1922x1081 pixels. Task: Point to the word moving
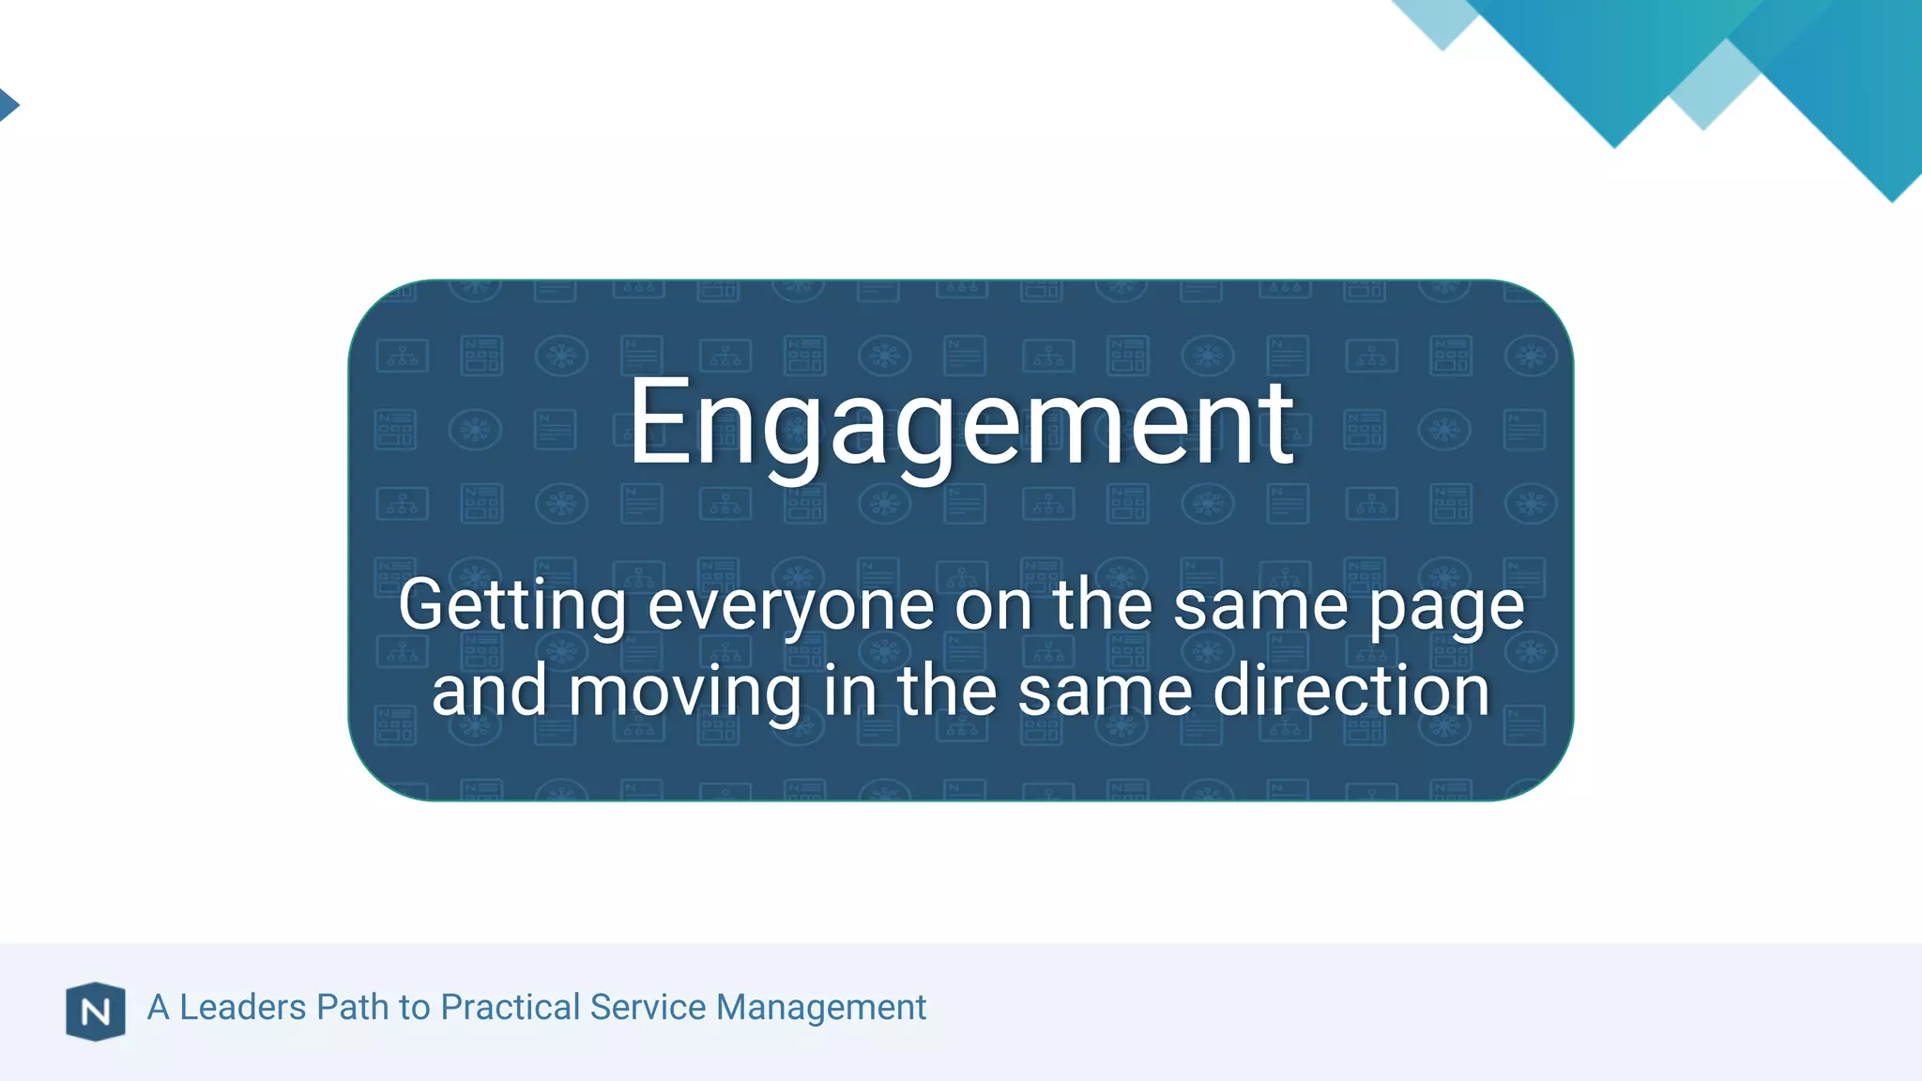[685, 693]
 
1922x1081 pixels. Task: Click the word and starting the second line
[489, 691]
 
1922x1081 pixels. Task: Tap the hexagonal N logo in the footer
[96, 1012]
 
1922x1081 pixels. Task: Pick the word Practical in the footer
[511, 1007]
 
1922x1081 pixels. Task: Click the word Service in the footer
[648, 1007]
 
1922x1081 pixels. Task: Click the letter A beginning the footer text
[158, 1007]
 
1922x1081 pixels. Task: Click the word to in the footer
[414, 1007]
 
